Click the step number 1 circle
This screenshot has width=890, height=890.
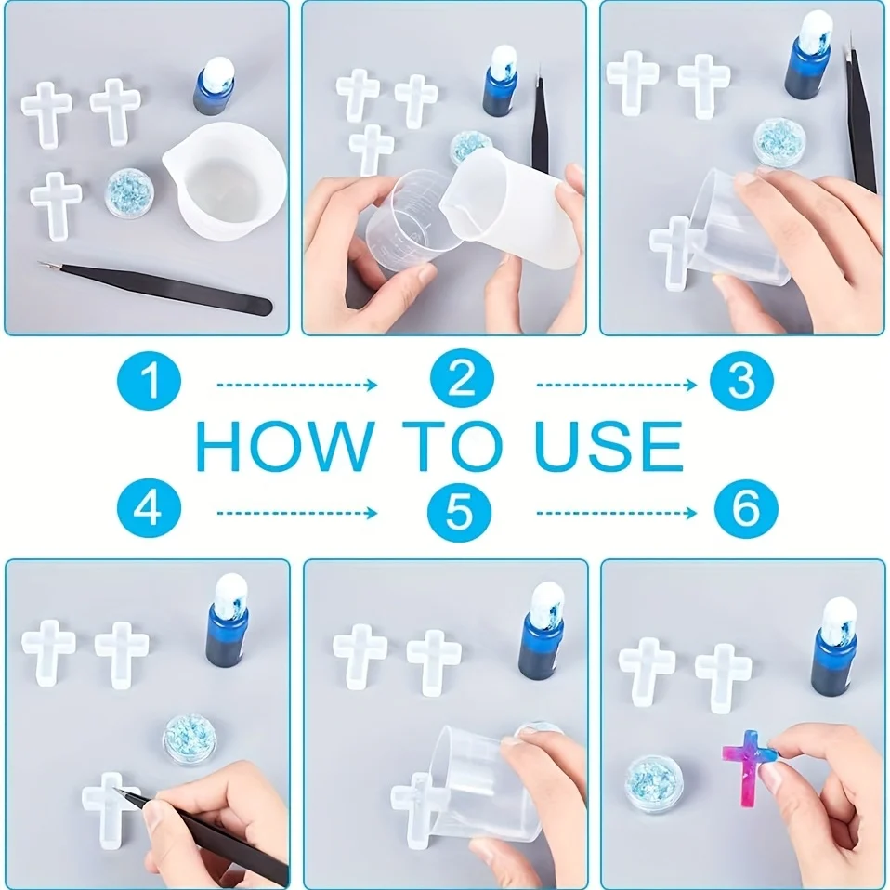149,380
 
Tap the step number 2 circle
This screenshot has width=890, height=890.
462,378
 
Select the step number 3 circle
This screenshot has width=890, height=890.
741,380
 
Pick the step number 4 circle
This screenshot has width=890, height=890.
149,507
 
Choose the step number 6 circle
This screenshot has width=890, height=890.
746,507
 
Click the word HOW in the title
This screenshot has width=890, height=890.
285,446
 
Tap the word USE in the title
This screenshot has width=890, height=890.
609,446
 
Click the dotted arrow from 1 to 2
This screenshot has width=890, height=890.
297,385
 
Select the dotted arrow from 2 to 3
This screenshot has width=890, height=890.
617,385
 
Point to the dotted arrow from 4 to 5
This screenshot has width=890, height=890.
297,513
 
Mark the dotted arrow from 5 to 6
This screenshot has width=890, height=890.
617,513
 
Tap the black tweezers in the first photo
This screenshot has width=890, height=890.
154,287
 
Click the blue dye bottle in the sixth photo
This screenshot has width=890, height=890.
833,648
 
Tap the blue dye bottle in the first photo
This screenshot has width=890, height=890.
214,85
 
